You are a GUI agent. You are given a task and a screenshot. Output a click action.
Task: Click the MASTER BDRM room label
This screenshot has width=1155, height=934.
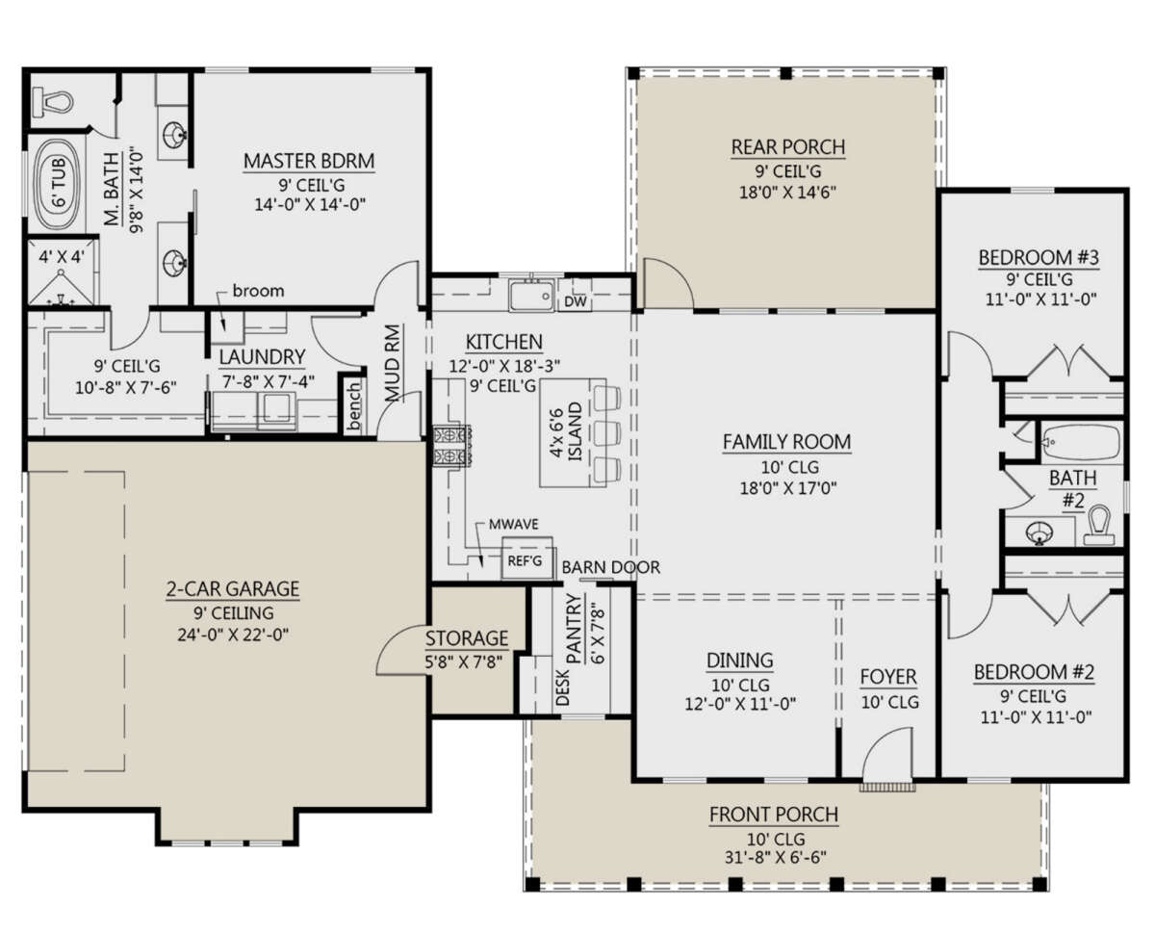(x=309, y=161)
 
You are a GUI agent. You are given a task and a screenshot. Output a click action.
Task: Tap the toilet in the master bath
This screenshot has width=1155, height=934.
(x=53, y=102)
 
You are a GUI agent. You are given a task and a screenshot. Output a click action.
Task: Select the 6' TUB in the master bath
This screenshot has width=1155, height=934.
(x=58, y=185)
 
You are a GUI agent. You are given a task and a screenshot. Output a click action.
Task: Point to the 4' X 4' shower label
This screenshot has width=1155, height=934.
(x=62, y=256)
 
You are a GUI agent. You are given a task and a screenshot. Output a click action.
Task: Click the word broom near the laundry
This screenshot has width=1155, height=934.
(x=258, y=291)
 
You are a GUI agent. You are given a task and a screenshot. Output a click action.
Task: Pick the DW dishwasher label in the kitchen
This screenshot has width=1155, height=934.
(x=576, y=301)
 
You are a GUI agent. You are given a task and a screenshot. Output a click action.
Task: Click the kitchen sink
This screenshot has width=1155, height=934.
(x=531, y=296)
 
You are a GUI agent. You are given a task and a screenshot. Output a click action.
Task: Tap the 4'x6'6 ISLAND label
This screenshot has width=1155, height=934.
(x=566, y=431)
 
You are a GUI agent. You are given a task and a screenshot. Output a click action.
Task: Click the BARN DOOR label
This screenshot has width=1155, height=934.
(x=610, y=567)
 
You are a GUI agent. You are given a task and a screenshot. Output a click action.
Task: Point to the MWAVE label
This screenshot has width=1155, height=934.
(x=514, y=525)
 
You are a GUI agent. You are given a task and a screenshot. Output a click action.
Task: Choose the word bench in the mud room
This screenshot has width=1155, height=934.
(x=353, y=406)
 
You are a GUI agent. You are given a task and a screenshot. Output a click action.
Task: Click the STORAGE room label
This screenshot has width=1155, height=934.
(x=467, y=639)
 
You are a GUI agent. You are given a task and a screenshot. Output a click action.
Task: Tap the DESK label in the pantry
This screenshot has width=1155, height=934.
(x=563, y=688)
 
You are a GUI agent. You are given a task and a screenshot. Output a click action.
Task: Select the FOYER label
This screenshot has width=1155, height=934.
(x=888, y=677)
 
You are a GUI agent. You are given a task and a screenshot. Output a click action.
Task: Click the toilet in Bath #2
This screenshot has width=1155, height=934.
(x=1099, y=525)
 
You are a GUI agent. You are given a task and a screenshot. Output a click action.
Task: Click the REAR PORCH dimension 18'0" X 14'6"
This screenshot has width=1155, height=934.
(x=788, y=192)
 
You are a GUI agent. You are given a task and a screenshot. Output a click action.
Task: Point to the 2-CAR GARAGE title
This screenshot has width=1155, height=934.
(x=233, y=589)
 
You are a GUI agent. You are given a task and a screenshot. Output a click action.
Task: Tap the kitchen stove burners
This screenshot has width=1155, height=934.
(x=451, y=446)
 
